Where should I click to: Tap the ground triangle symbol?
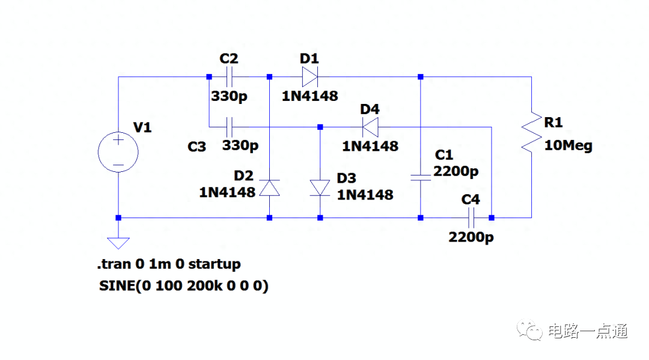coord(118,242)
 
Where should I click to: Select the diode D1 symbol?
coord(309,77)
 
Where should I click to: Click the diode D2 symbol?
coord(269,188)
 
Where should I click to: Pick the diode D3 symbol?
coord(320,188)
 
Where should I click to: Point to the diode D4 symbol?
coord(371,127)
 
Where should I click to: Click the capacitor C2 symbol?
coord(229,77)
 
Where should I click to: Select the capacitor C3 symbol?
coord(229,127)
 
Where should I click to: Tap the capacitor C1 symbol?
coord(421,177)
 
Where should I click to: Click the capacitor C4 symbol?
coord(471,218)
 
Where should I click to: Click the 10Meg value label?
coord(568,146)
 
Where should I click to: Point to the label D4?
coord(370,109)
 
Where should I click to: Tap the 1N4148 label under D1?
coord(310,96)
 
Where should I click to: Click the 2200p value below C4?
coord(471,237)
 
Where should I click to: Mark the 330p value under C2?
coord(229,96)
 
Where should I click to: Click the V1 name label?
coord(143,127)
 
